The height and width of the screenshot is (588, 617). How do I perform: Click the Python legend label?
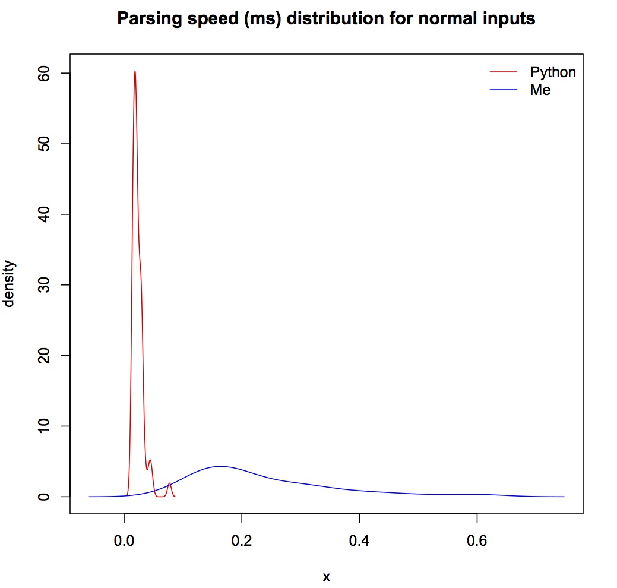coord(553,72)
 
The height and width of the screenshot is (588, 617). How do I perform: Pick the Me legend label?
coord(540,90)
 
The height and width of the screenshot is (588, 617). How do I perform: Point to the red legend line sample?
coord(504,72)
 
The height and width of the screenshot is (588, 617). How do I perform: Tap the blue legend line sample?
coord(504,90)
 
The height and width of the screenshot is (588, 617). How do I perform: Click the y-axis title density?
coord(10,284)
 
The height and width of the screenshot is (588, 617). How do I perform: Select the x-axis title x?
coord(326,576)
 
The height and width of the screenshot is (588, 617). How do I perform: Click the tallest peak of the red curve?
coord(135,71)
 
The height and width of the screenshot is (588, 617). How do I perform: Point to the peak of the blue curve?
coord(220,466)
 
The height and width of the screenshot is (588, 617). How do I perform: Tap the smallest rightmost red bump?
coord(170,483)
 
